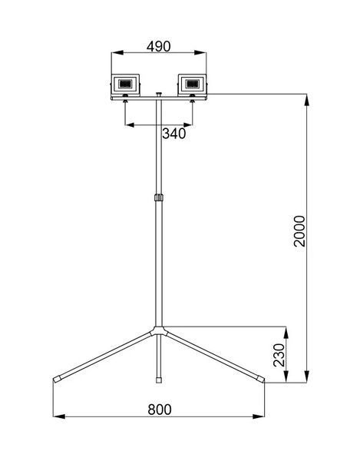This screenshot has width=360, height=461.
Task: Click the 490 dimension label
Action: pyautogui.click(x=159, y=46)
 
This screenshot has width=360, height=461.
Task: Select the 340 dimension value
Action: pyautogui.click(x=174, y=134)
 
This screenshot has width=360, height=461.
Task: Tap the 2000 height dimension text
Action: pyautogui.click(x=300, y=230)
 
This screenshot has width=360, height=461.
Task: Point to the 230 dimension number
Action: pyautogui.click(x=279, y=355)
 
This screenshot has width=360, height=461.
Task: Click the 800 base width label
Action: pyautogui.click(x=160, y=410)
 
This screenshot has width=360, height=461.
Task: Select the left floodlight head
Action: pyautogui.click(x=125, y=85)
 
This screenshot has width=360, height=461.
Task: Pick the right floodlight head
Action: pyautogui.click(x=193, y=85)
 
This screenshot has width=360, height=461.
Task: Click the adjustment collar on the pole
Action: pyautogui.click(x=159, y=197)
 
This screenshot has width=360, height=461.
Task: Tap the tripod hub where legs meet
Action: pyautogui.click(x=159, y=330)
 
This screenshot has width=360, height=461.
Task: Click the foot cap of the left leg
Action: pyautogui.click(x=57, y=379)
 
